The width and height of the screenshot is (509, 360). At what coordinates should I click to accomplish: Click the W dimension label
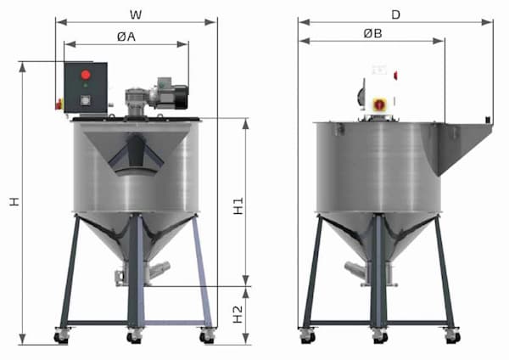click(x=136, y=14)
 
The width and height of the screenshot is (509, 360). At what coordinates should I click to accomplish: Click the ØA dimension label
click(x=126, y=37)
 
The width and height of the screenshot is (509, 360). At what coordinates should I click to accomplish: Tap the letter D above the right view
click(x=395, y=14)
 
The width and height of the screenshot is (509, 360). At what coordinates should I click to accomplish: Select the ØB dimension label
click(x=372, y=33)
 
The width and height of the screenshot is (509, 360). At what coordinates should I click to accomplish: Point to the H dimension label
click(x=14, y=201)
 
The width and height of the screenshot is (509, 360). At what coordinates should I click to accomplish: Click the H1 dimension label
click(x=238, y=206)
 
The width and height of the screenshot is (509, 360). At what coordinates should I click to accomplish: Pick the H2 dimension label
click(x=238, y=314)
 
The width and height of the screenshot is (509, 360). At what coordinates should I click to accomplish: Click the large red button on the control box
click(x=86, y=75)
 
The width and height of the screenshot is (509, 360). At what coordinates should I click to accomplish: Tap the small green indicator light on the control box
click(x=86, y=86)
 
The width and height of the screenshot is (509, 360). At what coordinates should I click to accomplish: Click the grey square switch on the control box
click(x=86, y=101)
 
